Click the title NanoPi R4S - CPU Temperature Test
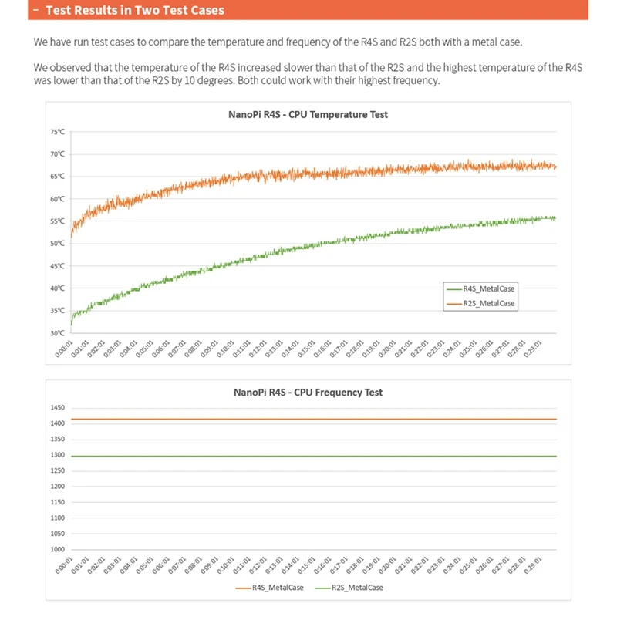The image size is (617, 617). tap(308, 114)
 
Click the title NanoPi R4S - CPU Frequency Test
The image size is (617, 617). tap(308, 392)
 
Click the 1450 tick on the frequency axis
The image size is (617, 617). tap(57, 407)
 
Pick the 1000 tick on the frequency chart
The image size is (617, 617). tap(57, 549)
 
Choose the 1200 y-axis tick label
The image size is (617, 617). tap(57, 486)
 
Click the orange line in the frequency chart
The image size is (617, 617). tap(308, 420)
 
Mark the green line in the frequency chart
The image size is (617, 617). tap(308, 457)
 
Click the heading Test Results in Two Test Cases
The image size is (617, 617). tap(135, 10)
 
